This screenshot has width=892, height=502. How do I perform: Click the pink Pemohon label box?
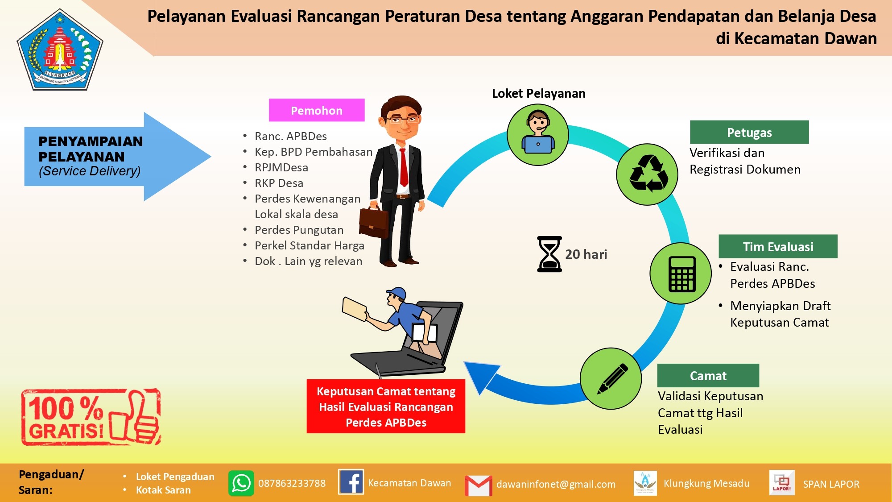point(317,110)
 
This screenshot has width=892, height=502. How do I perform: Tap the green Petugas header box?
point(749,132)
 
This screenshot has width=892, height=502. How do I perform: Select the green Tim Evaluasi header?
point(778,246)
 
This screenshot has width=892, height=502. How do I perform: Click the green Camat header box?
point(708,376)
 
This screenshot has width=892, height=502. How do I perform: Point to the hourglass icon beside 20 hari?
point(549,254)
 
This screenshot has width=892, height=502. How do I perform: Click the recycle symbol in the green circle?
point(648,174)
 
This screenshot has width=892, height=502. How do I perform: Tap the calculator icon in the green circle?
point(682,274)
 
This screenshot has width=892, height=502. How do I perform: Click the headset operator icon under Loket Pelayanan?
point(538,133)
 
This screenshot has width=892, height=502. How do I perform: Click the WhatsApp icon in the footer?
point(241,483)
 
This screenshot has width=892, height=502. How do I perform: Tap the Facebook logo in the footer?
point(351,482)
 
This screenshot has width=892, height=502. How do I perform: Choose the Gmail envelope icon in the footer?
point(478,485)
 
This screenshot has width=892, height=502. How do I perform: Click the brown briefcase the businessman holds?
point(374,222)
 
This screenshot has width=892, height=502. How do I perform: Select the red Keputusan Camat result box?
point(386,407)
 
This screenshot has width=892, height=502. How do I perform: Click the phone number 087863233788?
point(292,483)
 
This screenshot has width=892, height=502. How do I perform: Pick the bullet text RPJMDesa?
point(281,167)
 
